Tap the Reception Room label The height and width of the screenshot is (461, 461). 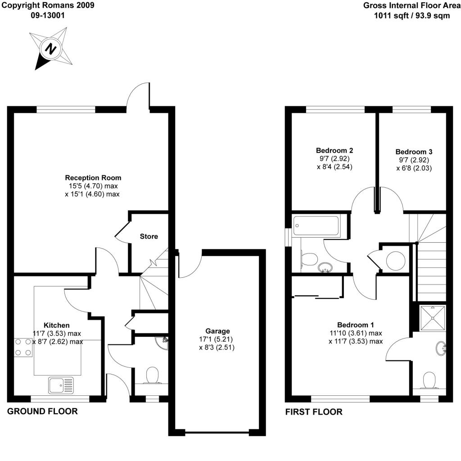[93, 177]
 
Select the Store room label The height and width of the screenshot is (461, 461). [149, 236]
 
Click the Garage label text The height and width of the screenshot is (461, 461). [217, 331]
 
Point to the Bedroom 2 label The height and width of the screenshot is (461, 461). [334, 150]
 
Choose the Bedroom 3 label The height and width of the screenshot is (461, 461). [414, 152]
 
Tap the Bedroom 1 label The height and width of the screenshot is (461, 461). [356, 325]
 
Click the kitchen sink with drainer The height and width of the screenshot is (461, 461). [61, 385]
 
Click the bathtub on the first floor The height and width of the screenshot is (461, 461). [316, 226]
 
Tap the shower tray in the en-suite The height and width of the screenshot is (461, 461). [433, 318]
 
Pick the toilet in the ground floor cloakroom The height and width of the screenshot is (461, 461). [152, 375]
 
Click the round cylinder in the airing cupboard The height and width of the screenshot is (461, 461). [395, 261]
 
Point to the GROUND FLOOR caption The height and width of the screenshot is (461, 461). [42, 411]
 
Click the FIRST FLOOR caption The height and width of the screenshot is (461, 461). [314, 412]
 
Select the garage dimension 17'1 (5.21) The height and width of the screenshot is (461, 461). [216, 339]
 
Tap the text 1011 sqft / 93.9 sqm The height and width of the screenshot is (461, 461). [412, 16]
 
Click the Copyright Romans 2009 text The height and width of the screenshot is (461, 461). [48, 5]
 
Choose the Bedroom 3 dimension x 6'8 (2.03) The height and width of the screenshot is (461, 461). [414, 168]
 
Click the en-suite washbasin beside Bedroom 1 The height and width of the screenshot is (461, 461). [440, 349]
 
